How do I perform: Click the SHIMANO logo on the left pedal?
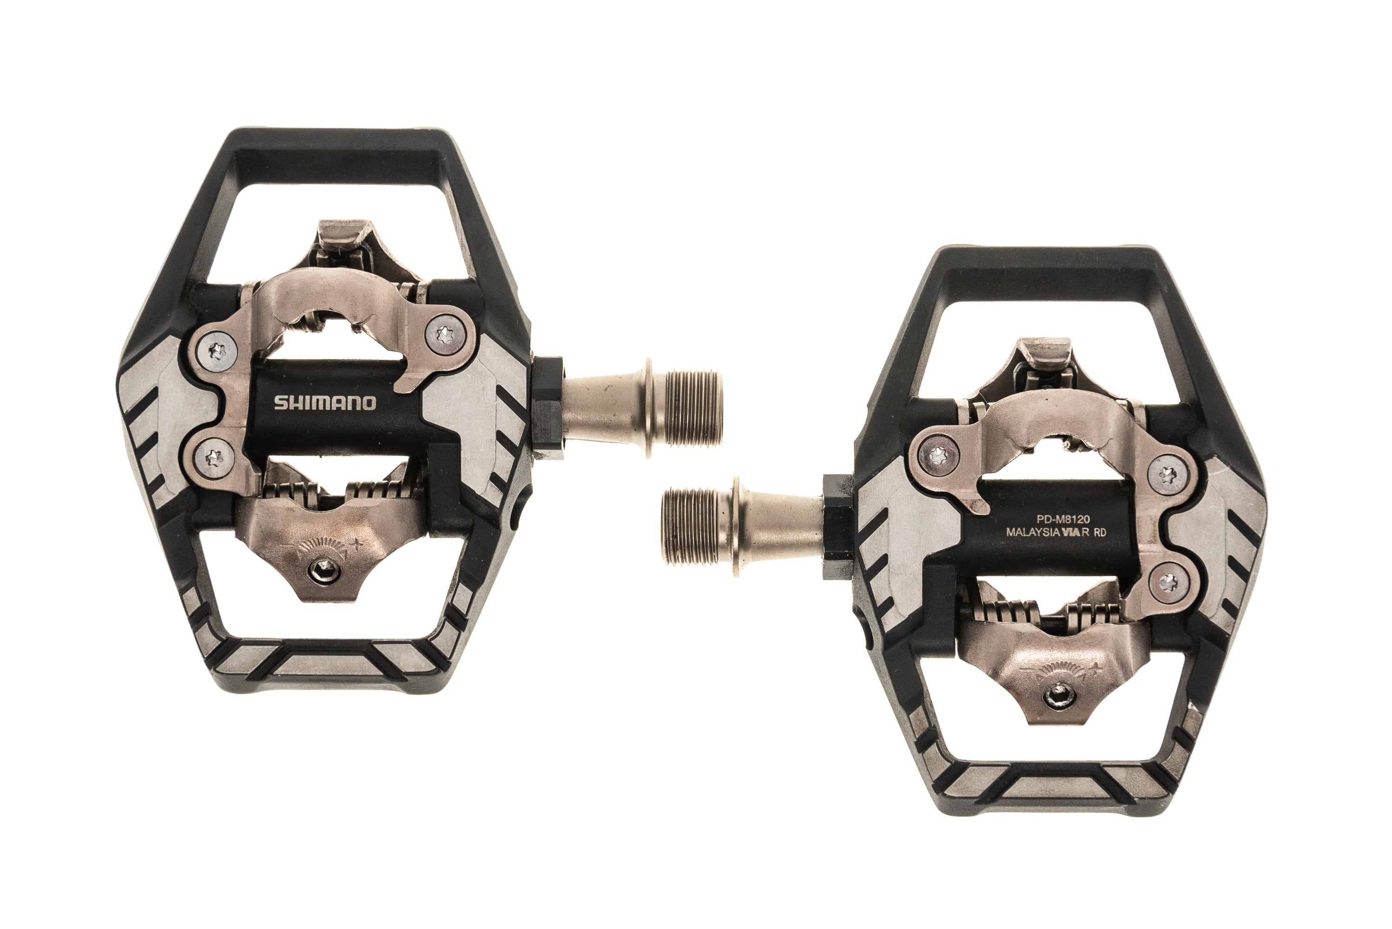(x=325, y=403)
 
